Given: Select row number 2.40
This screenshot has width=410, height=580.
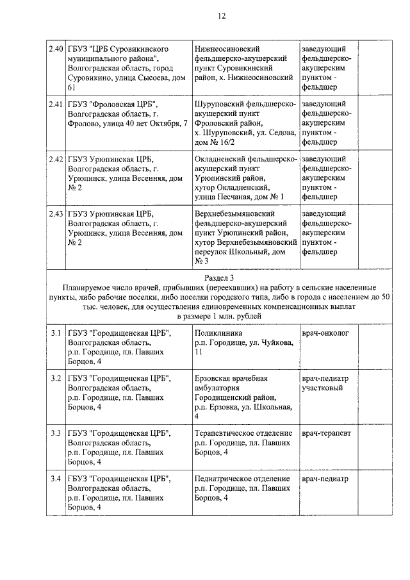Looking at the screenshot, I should click(x=56, y=49).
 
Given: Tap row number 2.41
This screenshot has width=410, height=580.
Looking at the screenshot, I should click(x=56, y=104).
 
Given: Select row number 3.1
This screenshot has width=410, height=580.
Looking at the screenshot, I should click(x=56, y=334).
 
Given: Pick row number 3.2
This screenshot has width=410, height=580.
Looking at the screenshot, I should click(x=56, y=379).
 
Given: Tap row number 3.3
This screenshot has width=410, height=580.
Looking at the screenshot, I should click(x=56, y=433).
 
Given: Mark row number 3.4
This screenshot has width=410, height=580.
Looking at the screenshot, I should click(x=56, y=479).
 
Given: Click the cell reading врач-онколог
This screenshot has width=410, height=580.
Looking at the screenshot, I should click(x=325, y=334).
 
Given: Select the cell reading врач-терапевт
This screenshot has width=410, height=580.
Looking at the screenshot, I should click(x=326, y=433).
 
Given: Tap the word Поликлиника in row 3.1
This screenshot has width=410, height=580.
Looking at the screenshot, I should click(x=215, y=334).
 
